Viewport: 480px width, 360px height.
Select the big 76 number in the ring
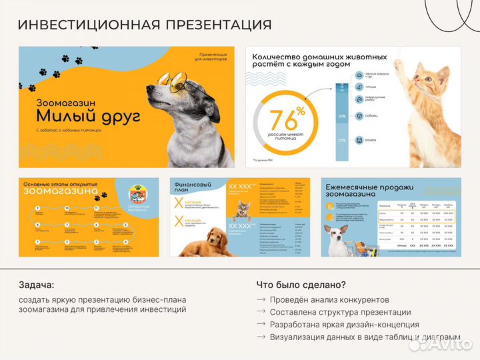[283, 121]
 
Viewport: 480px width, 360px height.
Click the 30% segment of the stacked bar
[342, 116]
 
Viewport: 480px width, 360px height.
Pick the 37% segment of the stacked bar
[342, 141]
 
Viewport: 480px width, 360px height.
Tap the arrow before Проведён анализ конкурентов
[261, 299]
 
